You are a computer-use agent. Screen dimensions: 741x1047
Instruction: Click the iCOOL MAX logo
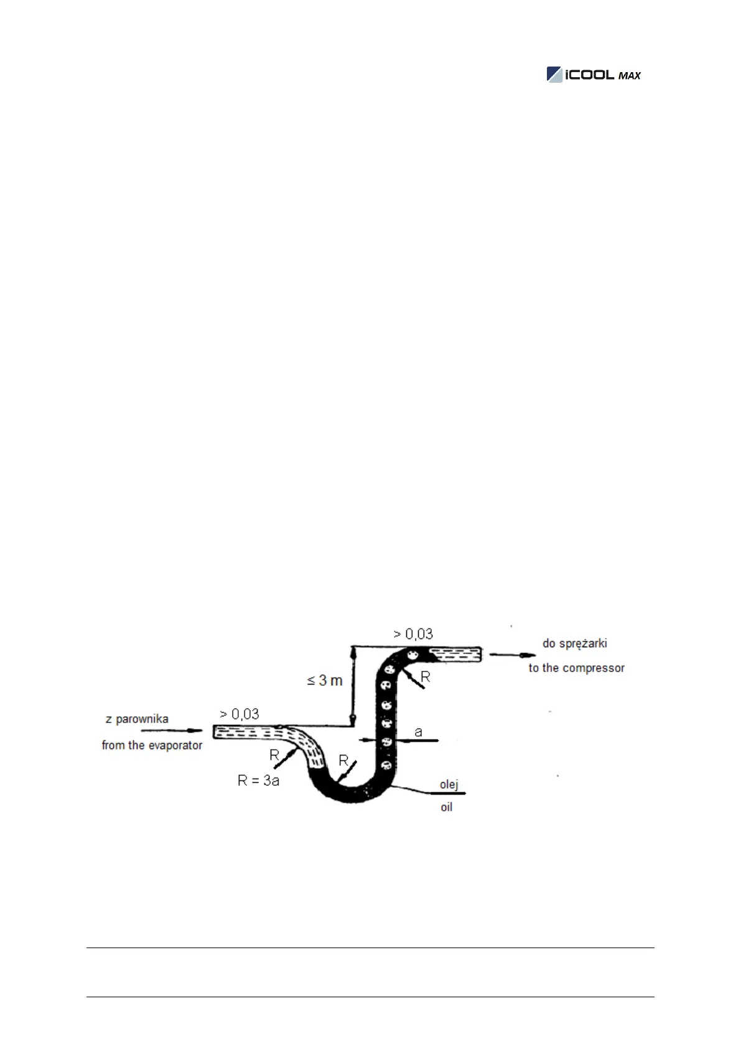(593, 75)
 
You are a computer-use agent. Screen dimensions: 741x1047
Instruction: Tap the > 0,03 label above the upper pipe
(413, 634)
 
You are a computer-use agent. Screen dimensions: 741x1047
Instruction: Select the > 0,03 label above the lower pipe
(240, 714)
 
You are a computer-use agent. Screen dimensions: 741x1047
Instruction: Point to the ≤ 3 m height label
(325, 681)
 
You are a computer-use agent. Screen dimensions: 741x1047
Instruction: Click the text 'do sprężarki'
(574, 643)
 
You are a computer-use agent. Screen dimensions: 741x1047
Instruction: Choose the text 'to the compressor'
(576, 668)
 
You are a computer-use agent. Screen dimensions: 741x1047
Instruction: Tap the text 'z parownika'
(137, 719)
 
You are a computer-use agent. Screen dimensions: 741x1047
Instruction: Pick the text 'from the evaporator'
(152, 745)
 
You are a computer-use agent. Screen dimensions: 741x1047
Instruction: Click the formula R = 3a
(258, 781)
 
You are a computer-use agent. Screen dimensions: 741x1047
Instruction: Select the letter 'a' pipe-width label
(418, 732)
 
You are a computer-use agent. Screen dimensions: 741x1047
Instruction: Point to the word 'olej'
(449, 785)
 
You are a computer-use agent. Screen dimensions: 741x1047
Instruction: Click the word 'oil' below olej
(447, 808)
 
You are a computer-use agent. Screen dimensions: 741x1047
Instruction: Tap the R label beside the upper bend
(426, 676)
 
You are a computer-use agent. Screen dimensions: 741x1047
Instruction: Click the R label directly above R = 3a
(274, 755)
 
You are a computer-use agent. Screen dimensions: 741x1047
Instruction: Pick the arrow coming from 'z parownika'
(172, 731)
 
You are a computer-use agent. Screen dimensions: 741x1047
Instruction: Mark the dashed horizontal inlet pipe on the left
(246, 732)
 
